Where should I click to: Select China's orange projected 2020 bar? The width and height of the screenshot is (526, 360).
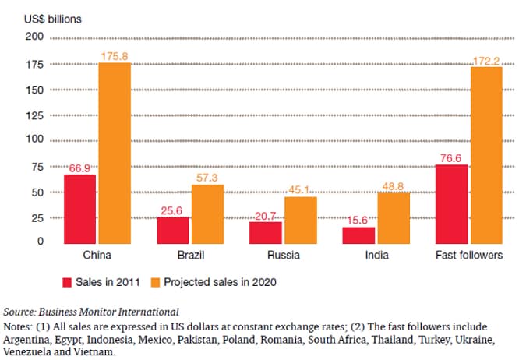(114, 151)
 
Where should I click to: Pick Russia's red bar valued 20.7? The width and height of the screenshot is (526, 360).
(265, 231)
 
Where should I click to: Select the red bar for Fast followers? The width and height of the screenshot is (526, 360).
(451, 203)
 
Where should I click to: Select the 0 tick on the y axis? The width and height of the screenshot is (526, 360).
(39, 242)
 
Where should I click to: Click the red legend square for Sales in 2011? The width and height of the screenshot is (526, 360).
(68, 281)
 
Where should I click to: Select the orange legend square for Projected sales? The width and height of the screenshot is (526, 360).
(154, 281)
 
